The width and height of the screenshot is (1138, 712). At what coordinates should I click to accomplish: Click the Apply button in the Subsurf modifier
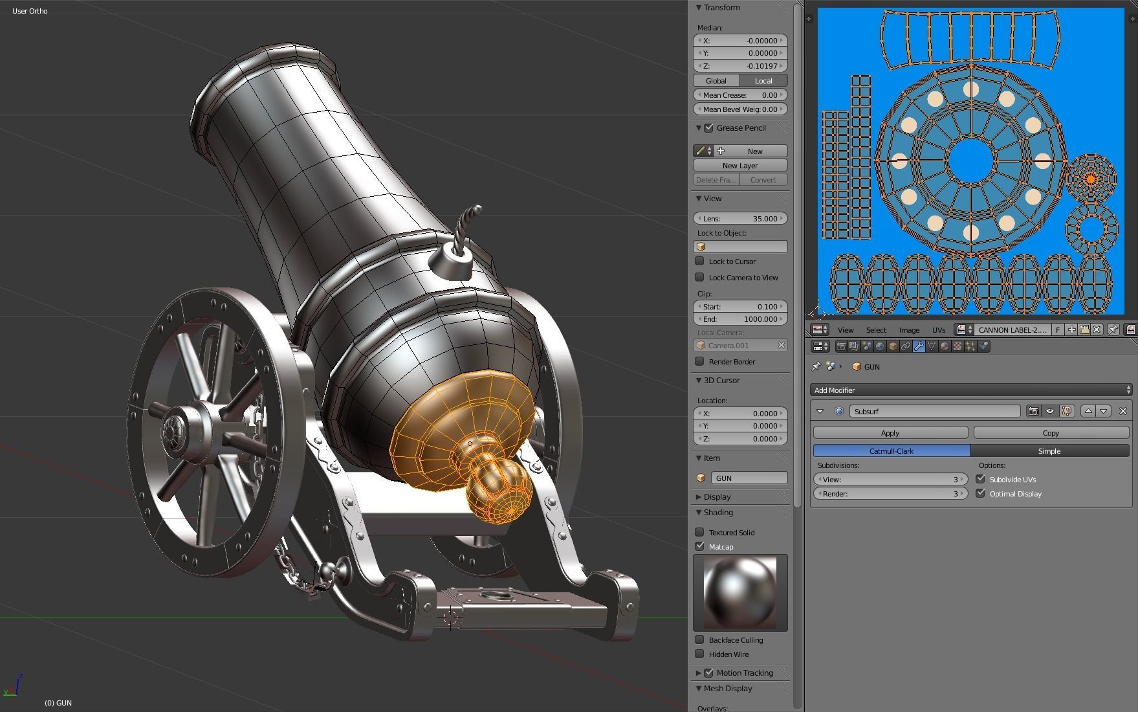[890, 433]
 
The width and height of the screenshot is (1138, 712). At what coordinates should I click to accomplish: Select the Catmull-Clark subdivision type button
[891, 451]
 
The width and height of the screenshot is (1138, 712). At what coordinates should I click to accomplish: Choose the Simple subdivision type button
[1049, 451]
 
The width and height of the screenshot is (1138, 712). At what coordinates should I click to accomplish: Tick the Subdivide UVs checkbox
[981, 480]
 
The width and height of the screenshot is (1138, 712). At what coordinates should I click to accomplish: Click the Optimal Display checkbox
[981, 494]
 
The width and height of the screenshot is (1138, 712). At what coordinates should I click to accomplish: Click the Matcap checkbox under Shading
[700, 547]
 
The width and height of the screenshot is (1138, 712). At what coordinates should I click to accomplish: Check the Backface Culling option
[700, 640]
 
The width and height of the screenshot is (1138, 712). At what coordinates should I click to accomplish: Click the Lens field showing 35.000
[740, 219]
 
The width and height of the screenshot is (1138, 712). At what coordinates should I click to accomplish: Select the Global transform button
[716, 81]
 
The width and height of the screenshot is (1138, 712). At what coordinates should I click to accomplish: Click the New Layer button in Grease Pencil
[740, 166]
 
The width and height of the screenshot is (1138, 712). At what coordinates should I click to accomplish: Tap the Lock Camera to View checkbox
[700, 278]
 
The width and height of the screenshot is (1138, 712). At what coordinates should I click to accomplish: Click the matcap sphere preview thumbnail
[740, 592]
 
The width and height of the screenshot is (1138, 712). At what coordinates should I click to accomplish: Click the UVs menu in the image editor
[938, 330]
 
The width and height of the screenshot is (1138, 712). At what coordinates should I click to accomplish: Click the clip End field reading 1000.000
[740, 319]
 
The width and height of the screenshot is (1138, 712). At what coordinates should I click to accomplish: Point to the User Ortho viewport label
[30, 11]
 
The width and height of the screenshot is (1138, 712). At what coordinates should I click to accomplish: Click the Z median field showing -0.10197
[740, 66]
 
